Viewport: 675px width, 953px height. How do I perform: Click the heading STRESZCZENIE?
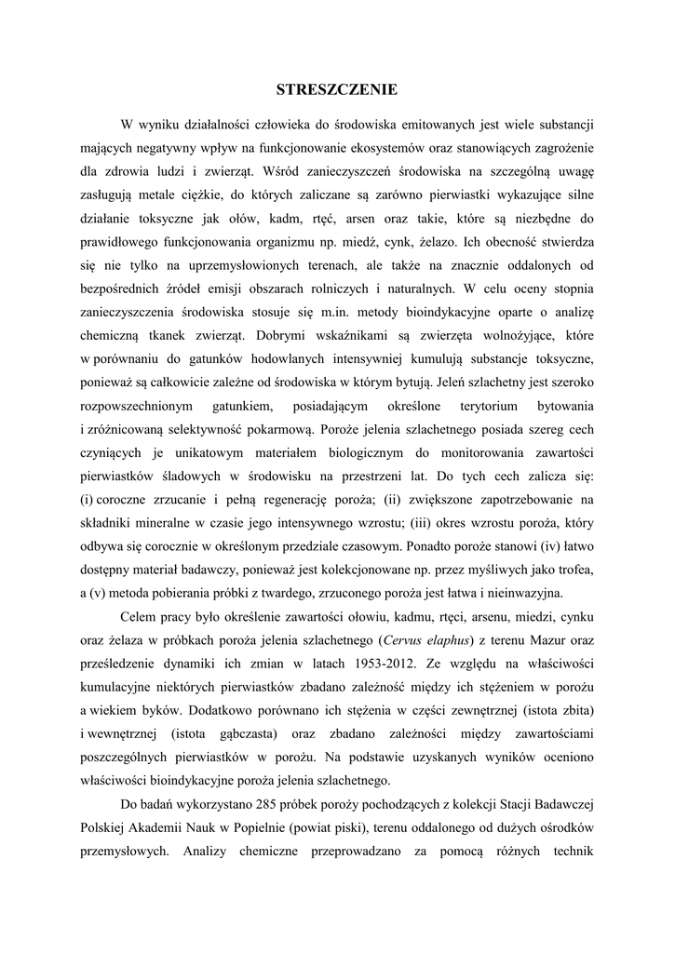point(337,89)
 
